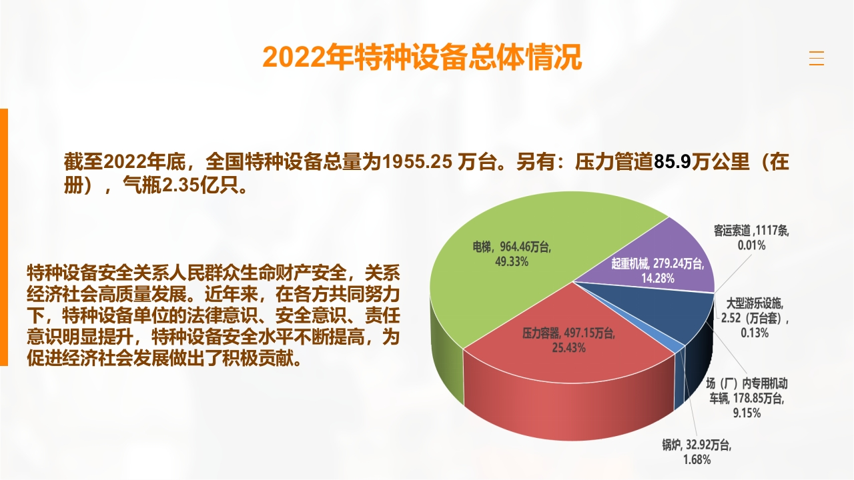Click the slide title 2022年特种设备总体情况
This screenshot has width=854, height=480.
pos(422,57)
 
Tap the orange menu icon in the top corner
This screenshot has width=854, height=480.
pos(816,58)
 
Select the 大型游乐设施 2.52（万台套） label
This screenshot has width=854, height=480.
pos(755,318)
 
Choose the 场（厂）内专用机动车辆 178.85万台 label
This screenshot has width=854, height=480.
pos(747,398)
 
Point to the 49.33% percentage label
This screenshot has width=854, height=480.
pos(512,262)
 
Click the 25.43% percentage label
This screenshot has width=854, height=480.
pos(568,348)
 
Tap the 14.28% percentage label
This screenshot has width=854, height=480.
pos(658,278)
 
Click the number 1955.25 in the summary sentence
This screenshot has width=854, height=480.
pos(417,162)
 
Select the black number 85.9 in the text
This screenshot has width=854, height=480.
pos(673,162)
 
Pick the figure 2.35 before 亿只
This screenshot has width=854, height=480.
pos(181,185)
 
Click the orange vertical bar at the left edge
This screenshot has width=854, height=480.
pos(4,237)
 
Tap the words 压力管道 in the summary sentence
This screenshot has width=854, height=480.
pos(614,162)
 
